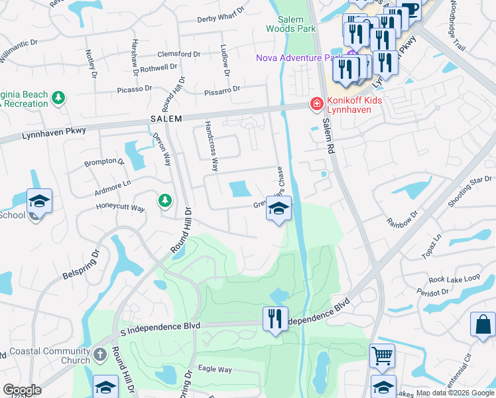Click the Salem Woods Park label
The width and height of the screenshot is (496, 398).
click(290, 24)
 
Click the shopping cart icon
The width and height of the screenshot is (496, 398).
click(382, 356)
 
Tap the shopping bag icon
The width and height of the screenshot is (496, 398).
click(482, 324)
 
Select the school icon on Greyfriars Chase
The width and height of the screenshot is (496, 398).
click(279, 210)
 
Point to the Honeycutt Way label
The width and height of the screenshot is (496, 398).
click(119, 208)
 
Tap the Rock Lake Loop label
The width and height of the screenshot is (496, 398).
click(454, 279)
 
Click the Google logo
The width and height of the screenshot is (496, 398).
click(23, 390)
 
